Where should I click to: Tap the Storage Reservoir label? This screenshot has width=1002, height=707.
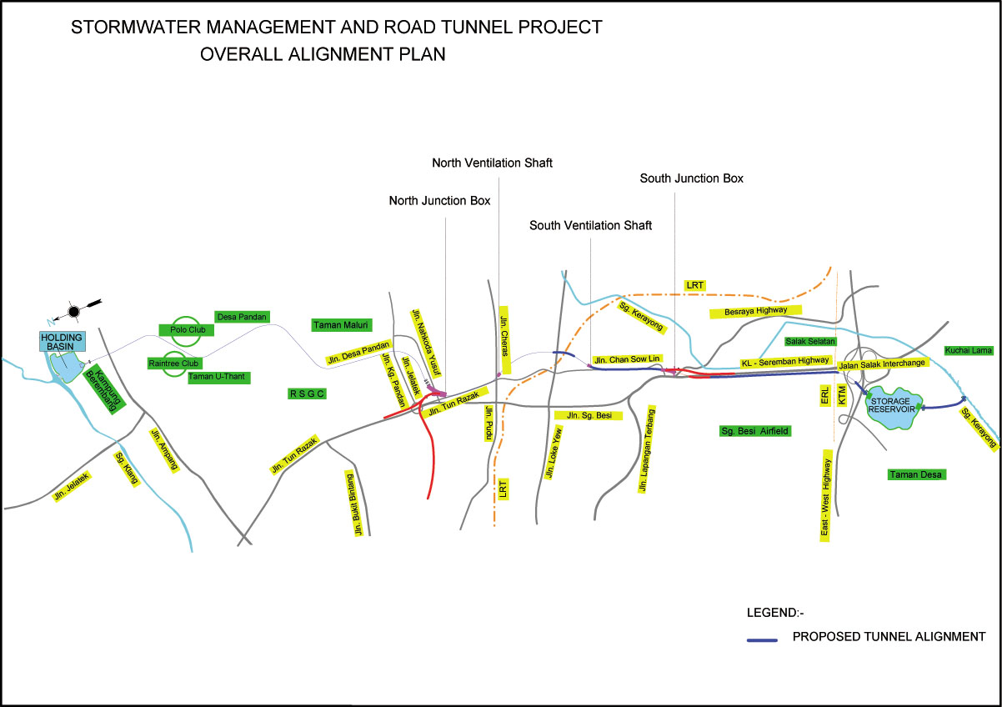892,404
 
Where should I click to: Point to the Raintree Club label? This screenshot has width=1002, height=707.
173,364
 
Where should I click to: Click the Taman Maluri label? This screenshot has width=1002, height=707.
341,324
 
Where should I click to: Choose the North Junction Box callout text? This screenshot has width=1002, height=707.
439,201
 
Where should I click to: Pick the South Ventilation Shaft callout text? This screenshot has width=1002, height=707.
590,226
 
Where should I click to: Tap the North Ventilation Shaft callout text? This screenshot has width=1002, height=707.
492,163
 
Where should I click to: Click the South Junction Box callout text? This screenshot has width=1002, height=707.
691,178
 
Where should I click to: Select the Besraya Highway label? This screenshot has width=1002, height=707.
754,312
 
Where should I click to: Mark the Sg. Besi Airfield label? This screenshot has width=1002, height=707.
754,431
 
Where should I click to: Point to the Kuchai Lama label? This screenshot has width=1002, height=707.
969,350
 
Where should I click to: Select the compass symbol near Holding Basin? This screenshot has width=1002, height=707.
74,311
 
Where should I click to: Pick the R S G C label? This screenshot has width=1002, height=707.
306,394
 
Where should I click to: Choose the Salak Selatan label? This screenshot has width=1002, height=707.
810,342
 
